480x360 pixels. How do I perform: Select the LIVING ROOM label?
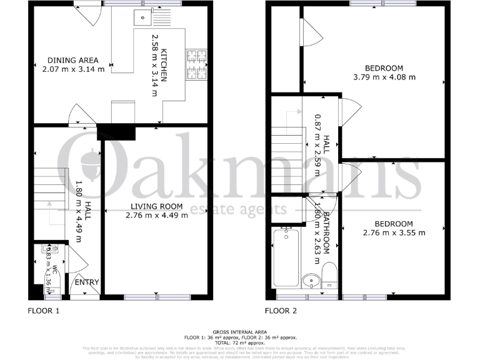point(156,206)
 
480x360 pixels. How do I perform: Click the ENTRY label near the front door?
point(87,282)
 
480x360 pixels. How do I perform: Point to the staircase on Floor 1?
point(49,187)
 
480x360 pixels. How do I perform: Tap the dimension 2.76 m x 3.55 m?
point(394,233)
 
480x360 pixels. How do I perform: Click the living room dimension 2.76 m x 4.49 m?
point(156,216)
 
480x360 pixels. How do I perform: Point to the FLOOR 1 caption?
point(44,311)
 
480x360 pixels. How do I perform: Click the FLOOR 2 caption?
point(281,311)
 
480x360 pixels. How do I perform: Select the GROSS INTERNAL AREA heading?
point(239,332)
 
